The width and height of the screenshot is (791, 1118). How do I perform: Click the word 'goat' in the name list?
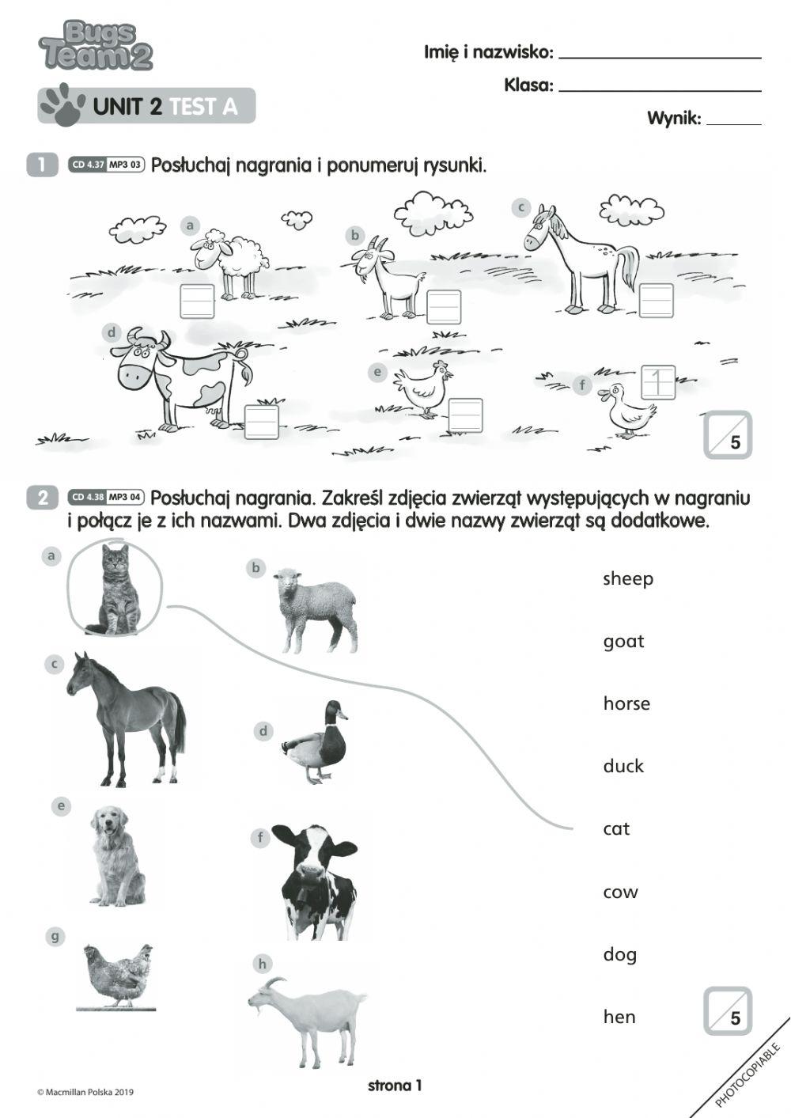[x=623, y=642]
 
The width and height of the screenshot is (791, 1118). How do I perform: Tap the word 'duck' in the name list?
[x=623, y=766]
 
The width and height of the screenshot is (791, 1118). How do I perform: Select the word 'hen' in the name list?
[x=619, y=1017]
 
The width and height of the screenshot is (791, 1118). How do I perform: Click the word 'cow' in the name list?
[x=620, y=893]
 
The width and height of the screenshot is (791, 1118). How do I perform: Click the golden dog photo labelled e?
[x=117, y=856]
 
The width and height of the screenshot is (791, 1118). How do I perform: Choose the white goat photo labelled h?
[x=308, y=1021]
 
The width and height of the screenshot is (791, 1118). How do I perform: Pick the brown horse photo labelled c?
[x=127, y=718]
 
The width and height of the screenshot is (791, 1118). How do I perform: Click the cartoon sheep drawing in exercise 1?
[x=229, y=261]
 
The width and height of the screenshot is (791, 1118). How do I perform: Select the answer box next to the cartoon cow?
[x=262, y=422]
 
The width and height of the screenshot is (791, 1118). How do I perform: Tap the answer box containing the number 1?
[x=657, y=382]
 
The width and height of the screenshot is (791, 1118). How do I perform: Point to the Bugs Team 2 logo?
[x=96, y=46]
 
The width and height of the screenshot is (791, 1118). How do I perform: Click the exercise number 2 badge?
[x=43, y=498]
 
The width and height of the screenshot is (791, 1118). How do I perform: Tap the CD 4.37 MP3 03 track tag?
[x=107, y=165]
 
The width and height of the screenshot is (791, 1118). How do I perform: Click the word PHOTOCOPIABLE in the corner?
[x=747, y=1075]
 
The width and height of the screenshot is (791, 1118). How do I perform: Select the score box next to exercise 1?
[x=728, y=434]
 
